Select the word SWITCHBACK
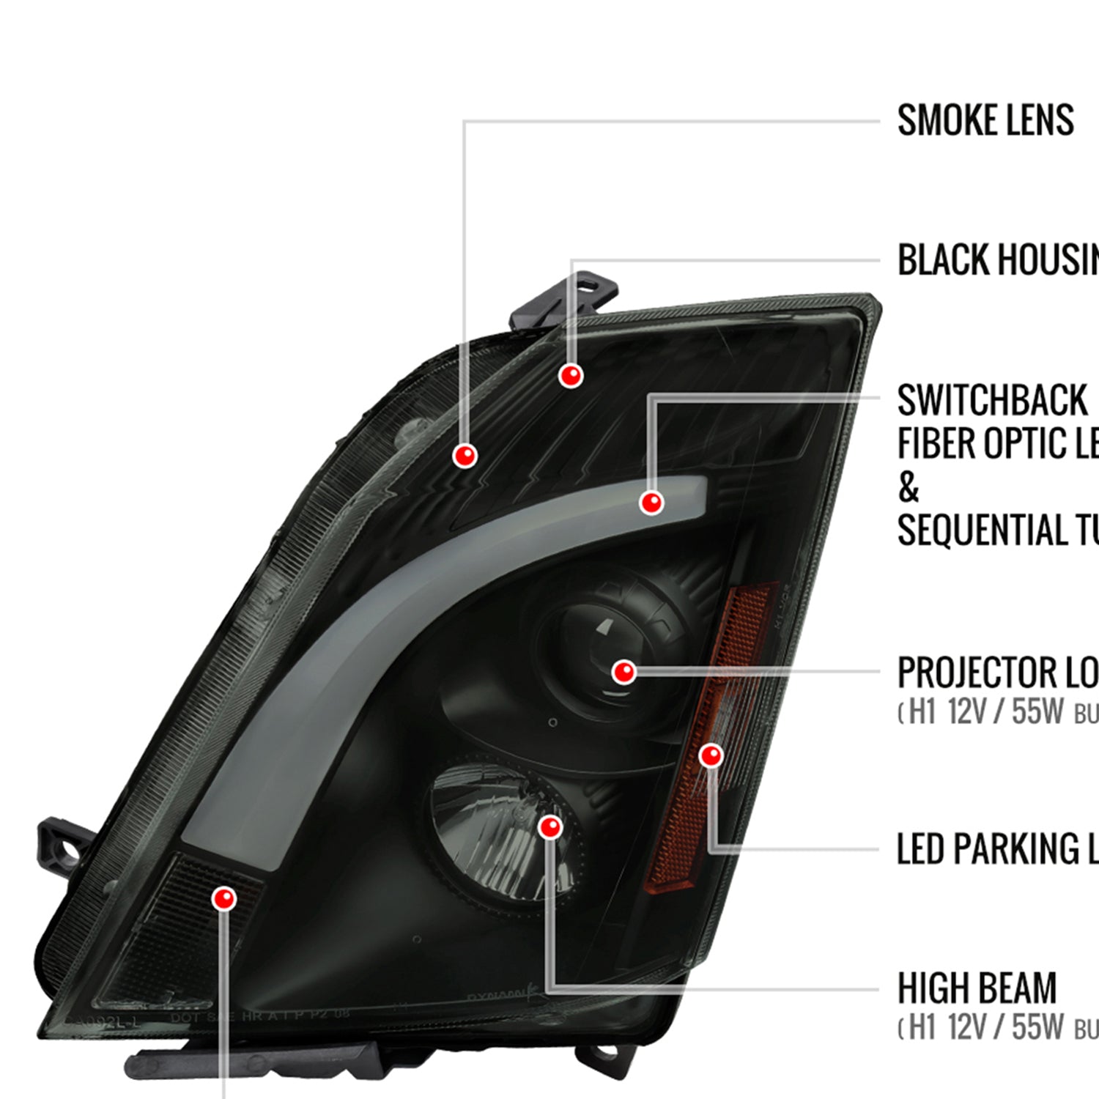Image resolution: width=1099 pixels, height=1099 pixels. coord(992,401)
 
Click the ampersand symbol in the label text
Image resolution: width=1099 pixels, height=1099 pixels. coord(909,488)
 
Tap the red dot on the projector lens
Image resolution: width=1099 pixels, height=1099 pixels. coord(623,671)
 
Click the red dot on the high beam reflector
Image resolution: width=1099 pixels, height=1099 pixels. coord(549,827)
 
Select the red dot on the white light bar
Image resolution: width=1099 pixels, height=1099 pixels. coord(651,503)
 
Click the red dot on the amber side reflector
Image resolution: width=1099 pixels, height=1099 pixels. coord(711,755)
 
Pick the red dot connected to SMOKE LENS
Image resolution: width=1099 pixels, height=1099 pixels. coord(465,456)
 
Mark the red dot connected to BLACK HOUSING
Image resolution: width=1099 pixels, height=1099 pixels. coord(571,376)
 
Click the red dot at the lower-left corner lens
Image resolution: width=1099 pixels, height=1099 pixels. coord(224,898)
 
